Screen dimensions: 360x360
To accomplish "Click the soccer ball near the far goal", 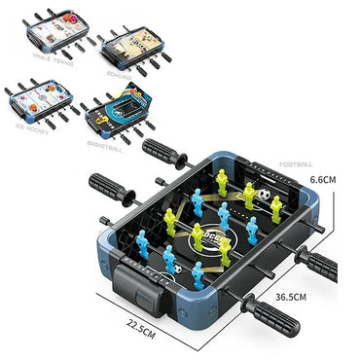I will [263, 195].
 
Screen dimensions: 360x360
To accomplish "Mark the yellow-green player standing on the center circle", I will [198, 236].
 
